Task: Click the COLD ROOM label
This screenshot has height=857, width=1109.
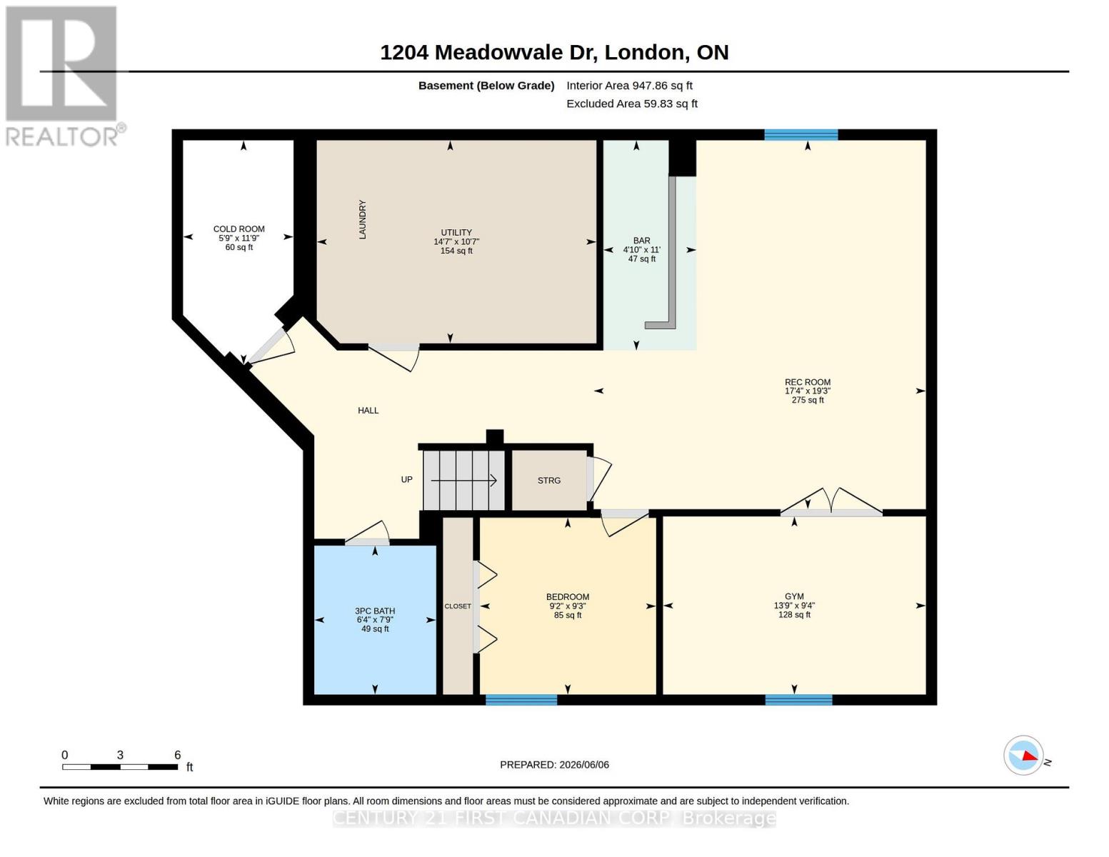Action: pos(239,229)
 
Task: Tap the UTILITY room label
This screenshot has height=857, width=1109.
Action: pos(456,232)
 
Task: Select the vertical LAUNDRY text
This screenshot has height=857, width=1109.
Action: pos(362,219)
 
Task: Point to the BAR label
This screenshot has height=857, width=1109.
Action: pos(641,241)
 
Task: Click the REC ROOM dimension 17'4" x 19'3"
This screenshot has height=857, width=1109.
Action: pos(808,391)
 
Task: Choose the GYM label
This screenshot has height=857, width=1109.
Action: pos(794,596)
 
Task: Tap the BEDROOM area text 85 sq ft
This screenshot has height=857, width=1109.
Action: pos(568,615)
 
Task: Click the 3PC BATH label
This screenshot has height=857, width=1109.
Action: pos(375,611)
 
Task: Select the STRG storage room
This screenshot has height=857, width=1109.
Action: pos(549,480)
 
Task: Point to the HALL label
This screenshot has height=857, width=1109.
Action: pos(368,411)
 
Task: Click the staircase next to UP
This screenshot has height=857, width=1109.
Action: pos(463,480)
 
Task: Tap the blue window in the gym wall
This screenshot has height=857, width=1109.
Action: pos(798,700)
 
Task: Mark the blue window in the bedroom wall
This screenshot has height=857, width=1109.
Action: pos(521,700)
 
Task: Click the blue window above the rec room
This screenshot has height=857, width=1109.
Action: pos(801,135)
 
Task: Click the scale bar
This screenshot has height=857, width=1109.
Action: pos(120,767)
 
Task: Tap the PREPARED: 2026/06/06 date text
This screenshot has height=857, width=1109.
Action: pos(554,765)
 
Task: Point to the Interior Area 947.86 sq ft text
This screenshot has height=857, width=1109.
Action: pos(629,86)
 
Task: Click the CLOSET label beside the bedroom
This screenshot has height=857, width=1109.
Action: pos(458,606)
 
